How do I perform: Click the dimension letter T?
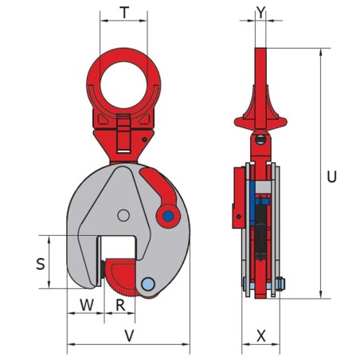tap(123, 13)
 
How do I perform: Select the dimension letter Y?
tap(260, 13)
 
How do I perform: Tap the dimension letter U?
tap(331, 176)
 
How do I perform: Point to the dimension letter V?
tap(129, 336)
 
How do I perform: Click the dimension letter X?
tap(260, 336)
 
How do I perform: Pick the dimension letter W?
tap(86, 304)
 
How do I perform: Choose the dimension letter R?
tap(120, 304)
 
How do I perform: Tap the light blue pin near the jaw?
tap(148, 284)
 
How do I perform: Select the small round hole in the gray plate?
tap(122, 215)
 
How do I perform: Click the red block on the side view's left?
tap(237, 196)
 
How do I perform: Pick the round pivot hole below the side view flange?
tap(260, 141)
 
